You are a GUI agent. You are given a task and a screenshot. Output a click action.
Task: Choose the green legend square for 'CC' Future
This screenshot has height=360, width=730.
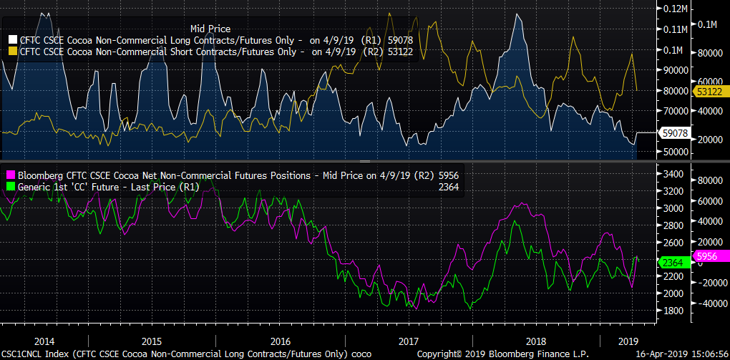pyautogui.click(x=11, y=187)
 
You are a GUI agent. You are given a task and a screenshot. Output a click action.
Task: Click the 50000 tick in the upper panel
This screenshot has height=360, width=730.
pyautogui.click(x=673, y=152)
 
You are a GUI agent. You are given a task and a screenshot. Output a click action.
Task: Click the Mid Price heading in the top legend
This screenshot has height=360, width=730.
pyautogui.click(x=210, y=28)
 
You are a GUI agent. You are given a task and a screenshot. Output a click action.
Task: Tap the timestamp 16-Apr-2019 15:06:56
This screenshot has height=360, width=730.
pyautogui.click(x=682, y=354)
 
